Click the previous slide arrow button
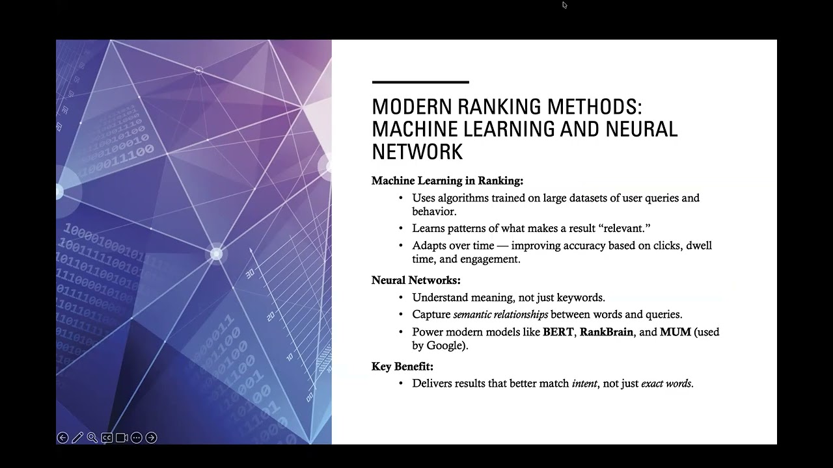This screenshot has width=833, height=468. click(x=62, y=438)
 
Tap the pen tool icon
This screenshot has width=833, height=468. click(x=77, y=438)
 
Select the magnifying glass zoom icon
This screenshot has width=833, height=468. click(x=92, y=438)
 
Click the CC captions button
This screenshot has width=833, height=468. click(x=107, y=438)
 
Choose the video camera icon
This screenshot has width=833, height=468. click(x=122, y=438)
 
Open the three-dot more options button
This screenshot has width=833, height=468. click(x=136, y=438)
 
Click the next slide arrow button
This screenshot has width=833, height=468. click(x=151, y=438)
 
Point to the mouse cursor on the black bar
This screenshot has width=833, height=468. click(x=564, y=5)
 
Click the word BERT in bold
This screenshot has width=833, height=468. click(x=558, y=332)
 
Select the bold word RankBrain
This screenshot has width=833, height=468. click(x=606, y=332)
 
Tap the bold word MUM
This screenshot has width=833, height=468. click(x=675, y=332)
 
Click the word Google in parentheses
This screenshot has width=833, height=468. click(x=444, y=346)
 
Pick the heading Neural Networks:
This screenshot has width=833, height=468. click(x=416, y=280)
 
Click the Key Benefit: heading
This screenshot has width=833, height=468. click(x=402, y=366)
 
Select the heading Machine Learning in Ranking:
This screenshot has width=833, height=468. click(x=447, y=181)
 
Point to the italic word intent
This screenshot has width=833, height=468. click(x=584, y=383)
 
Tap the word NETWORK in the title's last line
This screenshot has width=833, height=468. click(x=417, y=151)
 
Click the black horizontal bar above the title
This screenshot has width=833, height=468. click(x=420, y=83)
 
